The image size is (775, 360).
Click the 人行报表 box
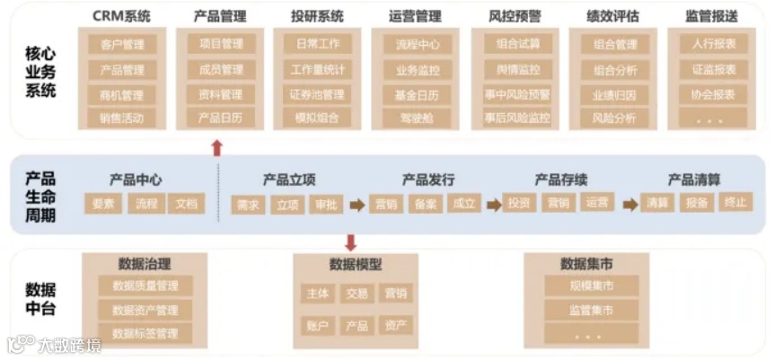(x=713, y=44)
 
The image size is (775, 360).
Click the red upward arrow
(x=216, y=147)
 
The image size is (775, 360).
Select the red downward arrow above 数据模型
(x=350, y=242)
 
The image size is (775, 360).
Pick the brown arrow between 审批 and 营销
(x=357, y=205)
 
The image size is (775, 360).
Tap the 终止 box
(x=735, y=203)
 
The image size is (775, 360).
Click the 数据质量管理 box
(x=145, y=286)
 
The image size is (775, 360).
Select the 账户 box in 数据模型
(x=318, y=325)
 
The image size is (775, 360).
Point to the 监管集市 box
(x=591, y=311)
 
